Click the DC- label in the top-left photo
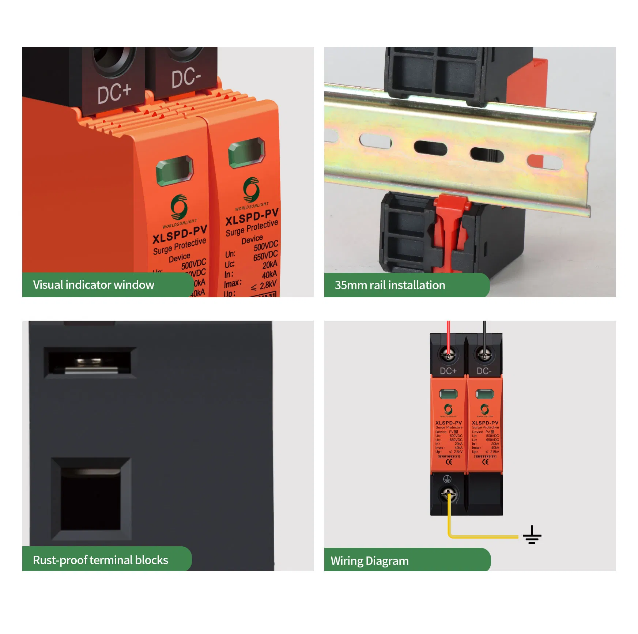click(186, 78)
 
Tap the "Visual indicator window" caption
click(94, 285)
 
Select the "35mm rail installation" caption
click(390, 285)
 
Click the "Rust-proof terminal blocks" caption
click(101, 560)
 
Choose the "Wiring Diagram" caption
click(370, 561)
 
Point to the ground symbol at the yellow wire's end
click(532, 535)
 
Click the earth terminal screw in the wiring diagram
click(448, 494)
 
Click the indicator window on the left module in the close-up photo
click(175, 171)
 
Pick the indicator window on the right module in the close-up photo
click(246, 153)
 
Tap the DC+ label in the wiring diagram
click(448, 371)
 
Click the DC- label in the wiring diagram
click(484, 371)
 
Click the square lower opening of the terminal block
click(91, 499)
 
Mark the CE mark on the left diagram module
click(449, 462)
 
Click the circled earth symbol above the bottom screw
click(447, 479)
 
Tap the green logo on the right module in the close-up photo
click(252, 189)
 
